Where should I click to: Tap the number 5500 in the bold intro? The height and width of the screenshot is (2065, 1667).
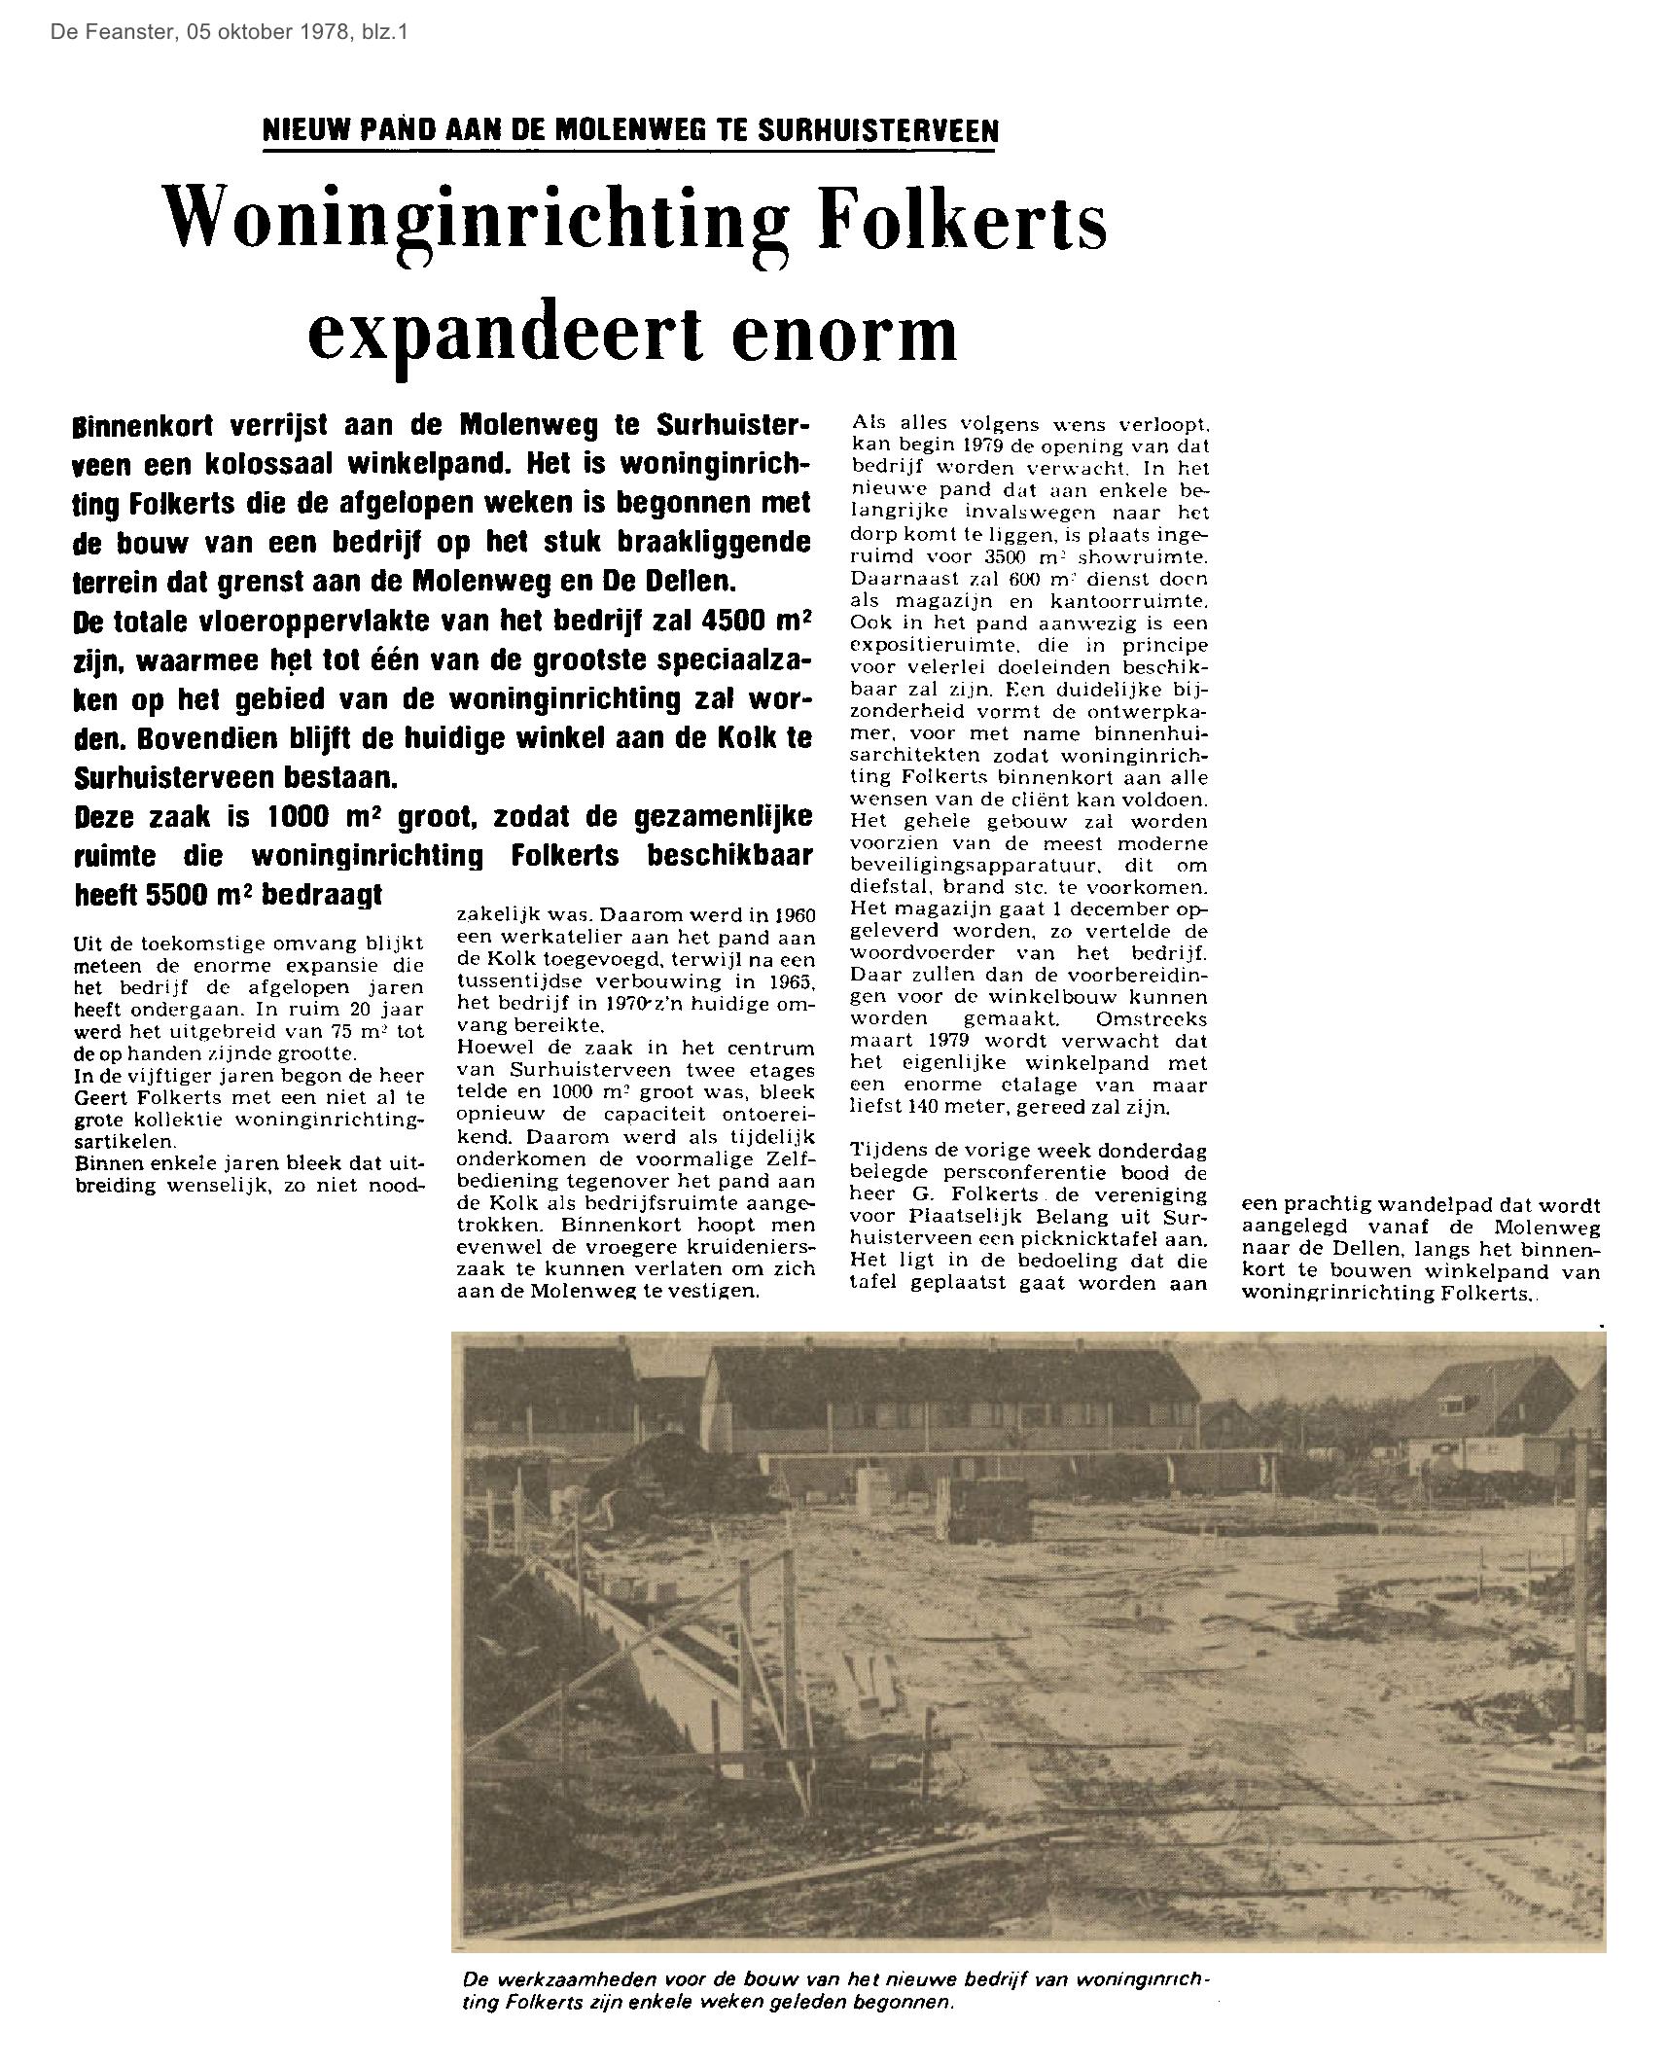click(x=174, y=895)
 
